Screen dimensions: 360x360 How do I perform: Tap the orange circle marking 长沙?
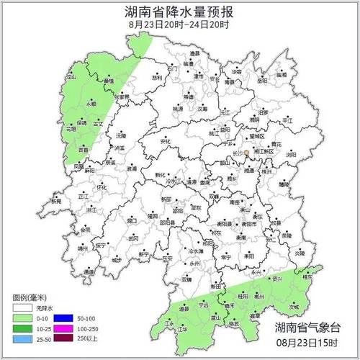[x=246, y=153]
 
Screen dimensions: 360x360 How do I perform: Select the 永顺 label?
[x=91, y=104]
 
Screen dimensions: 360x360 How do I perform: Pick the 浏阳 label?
[x=290, y=154]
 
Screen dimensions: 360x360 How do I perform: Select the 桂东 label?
[x=307, y=276]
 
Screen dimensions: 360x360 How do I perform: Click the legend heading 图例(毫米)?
[x=30, y=295]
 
